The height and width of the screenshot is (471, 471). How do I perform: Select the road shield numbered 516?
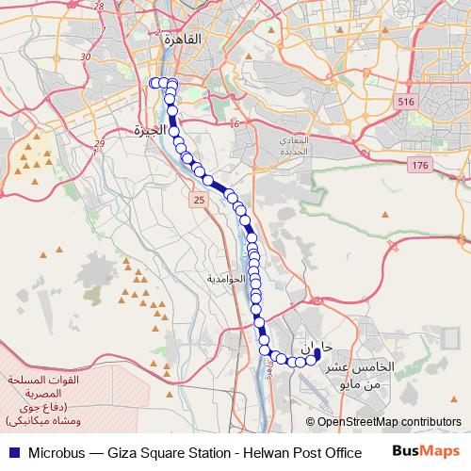407,101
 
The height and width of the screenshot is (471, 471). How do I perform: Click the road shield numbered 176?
419,165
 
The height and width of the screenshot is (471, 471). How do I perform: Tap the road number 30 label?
86,57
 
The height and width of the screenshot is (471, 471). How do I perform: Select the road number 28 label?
95,5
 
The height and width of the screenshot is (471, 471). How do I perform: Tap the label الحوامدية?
226,280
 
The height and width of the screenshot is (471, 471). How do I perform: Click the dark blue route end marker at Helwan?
317,354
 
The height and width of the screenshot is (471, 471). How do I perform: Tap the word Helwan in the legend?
258,452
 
